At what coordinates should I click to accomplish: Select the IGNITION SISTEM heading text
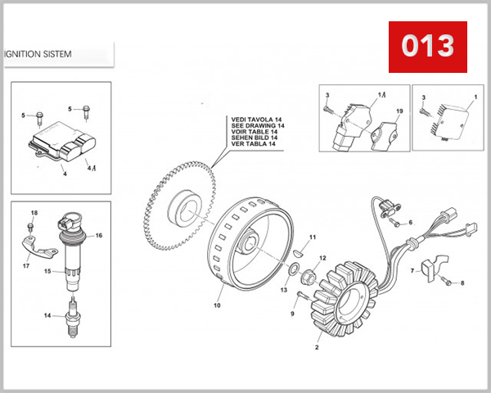[38, 55]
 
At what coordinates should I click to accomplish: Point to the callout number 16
[99, 235]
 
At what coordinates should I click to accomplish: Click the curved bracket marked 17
[32, 247]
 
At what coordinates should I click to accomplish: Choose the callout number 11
[312, 237]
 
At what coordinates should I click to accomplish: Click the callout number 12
[322, 258]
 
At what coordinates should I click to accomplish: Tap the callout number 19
[400, 111]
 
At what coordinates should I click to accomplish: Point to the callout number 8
[462, 283]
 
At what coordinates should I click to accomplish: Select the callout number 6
[411, 221]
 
